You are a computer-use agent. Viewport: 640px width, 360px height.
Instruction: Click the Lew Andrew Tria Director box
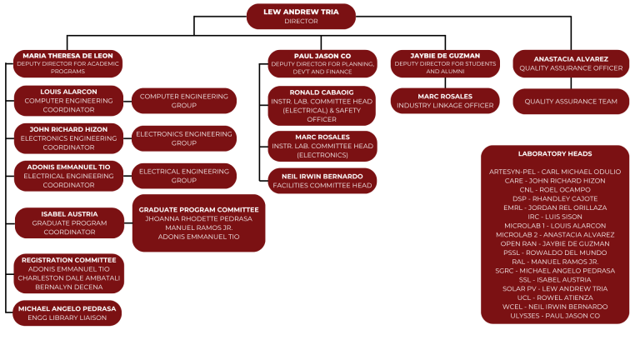(302, 16)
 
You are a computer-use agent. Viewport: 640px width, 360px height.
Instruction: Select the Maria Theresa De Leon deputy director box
(67, 64)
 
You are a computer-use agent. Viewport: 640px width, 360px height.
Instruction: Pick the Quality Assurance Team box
(570, 101)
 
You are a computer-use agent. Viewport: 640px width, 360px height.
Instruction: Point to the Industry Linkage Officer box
(446, 100)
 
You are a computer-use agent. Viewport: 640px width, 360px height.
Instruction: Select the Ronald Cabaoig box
(322, 105)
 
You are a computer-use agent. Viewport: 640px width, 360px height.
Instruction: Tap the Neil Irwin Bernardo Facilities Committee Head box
(322, 180)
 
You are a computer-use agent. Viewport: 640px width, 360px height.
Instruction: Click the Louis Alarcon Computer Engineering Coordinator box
(68, 101)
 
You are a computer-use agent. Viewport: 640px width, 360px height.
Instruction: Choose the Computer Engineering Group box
(184, 101)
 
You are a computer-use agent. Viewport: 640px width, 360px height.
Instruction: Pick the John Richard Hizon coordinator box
(68, 138)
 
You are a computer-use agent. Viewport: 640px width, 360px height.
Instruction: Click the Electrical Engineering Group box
(184, 176)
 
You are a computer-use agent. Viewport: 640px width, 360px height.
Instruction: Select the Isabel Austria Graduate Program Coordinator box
(70, 222)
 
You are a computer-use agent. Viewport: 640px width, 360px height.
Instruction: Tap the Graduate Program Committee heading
(198, 209)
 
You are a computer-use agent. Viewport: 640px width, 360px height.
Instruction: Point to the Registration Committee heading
(68, 260)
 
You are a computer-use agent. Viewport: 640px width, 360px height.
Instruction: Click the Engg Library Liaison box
(68, 313)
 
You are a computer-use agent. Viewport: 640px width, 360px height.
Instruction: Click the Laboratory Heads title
(554, 154)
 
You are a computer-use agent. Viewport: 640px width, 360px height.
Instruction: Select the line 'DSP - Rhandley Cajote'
(554, 198)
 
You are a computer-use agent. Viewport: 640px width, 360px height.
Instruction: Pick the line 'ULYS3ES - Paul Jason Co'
(554, 316)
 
